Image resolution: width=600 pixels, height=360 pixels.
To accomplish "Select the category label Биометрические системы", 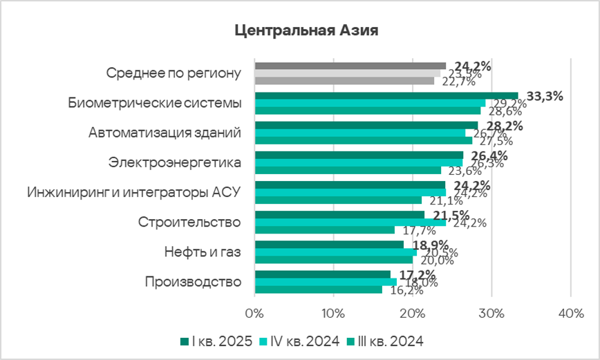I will pos(155,103).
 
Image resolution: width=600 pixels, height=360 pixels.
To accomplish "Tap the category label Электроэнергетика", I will pos(175,162).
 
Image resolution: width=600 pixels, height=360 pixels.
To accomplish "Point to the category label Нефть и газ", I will pos(203,252).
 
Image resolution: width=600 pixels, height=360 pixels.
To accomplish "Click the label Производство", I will pos(193,281).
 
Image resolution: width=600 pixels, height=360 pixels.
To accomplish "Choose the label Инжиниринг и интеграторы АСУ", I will pos(133,192).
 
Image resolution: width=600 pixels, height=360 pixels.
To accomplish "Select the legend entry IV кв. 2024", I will pos(299,341).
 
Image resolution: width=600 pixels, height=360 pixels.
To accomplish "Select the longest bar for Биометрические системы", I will pos(386,96).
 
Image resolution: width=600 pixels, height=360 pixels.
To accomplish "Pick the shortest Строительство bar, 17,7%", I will pos(325,230).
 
